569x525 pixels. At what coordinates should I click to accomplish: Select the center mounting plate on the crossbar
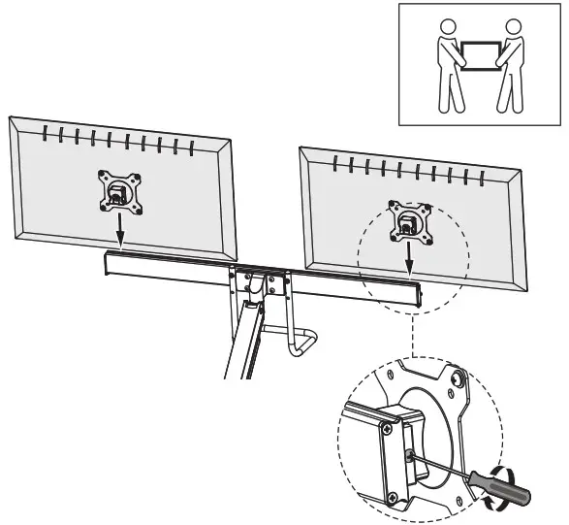click(258, 281)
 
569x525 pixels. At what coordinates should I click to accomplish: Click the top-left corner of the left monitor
click(12, 119)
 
